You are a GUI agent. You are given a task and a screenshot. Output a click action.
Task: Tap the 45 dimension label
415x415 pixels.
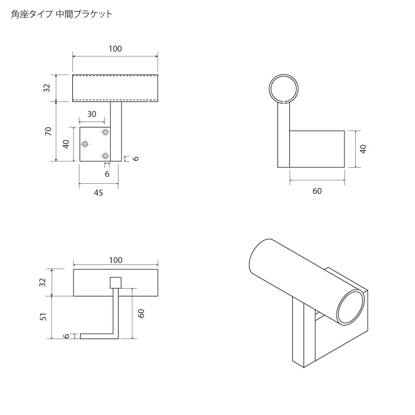coord(98,193)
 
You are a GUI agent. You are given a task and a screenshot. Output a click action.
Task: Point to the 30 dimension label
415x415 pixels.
coord(92,114)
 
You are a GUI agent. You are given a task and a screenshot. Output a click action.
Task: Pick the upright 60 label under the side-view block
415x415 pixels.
coord(317,191)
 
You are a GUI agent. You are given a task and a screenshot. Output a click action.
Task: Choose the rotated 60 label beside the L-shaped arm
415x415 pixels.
coord(141,313)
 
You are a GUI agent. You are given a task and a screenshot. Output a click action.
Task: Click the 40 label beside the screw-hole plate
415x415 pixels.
coord(67,143)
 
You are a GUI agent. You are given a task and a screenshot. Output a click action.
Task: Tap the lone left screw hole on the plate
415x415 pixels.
coord(86,144)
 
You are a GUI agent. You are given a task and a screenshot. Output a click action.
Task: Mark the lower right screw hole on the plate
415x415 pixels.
coord(106,156)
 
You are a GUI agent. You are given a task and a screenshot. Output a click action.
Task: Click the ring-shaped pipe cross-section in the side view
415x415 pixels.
coord(283,89)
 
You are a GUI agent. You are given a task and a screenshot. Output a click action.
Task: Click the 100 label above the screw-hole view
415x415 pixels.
coord(115,49)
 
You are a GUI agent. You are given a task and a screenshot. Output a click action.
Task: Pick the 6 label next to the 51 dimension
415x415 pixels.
coord(66,336)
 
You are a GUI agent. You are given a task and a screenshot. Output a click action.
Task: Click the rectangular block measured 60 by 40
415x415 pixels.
coord(317,148)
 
